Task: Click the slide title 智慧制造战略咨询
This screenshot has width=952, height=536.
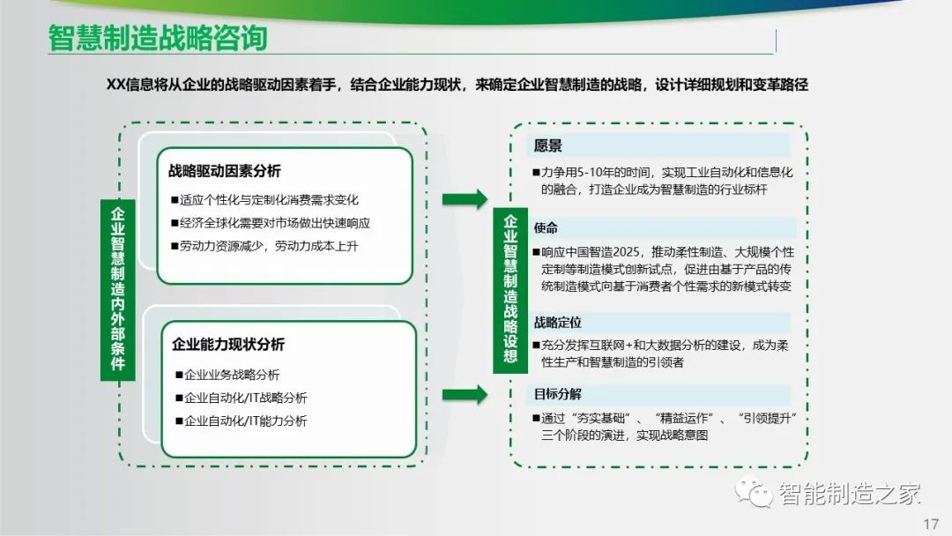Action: click(x=158, y=38)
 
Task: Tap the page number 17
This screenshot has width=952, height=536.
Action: click(x=931, y=524)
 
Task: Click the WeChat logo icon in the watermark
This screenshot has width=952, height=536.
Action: click(x=754, y=492)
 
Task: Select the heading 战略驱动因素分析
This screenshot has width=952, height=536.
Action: click(x=225, y=171)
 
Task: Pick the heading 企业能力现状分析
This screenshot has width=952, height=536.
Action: click(x=228, y=345)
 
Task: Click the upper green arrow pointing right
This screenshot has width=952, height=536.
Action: click(x=465, y=199)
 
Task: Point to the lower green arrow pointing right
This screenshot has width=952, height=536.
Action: click(x=465, y=395)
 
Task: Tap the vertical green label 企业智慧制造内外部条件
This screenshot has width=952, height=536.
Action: click(x=118, y=289)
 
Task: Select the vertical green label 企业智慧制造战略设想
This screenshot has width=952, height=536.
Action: click(x=510, y=289)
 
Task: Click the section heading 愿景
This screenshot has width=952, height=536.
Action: click(x=547, y=145)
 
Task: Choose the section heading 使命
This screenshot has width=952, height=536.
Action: click(x=546, y=227)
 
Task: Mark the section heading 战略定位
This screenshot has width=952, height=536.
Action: click(x=557, y=323)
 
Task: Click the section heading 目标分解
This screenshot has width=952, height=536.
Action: click(x=557, y=394)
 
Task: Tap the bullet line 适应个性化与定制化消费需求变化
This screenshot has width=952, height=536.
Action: click(x=264, y=200)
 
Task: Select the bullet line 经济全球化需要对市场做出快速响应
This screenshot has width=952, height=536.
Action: click(x=271, y=223)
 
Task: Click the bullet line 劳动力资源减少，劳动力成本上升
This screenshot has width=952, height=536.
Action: click(x=264, y=246)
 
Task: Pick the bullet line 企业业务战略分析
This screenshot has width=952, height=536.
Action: click(x=227, y=375)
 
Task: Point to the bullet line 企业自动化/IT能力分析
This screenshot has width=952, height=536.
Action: click(x=241, y=421)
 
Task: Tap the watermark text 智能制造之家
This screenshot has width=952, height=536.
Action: click(x=850, y=494)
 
